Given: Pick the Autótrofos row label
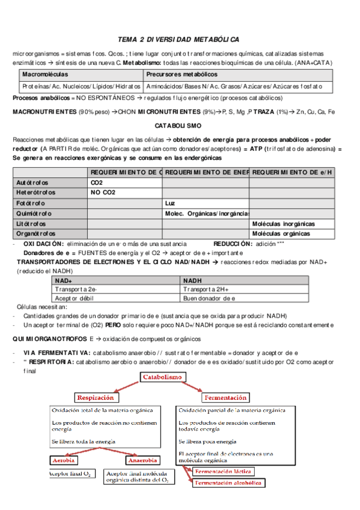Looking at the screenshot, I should click(x=33, y=182).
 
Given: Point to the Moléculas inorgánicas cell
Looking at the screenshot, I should click(x=283, y=224).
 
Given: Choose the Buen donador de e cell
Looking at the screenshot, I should click(x=209, y=298).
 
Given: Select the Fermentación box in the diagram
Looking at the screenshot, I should click(x=225, y=398).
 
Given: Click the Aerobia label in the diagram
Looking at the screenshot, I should click(x=64, y=461).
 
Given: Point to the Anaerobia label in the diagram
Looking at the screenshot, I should click(x=142, y=461).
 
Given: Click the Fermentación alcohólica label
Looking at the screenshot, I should click(x=228, y=482).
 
